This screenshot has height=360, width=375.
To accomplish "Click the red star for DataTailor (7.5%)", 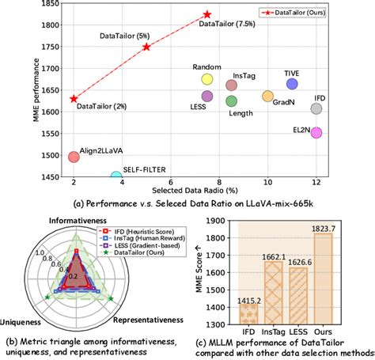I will pyautogui.click(x=207, y=15).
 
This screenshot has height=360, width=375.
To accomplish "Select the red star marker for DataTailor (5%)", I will pyautogui.click(x=146, y=47).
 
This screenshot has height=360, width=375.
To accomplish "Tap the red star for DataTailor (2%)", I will pyautogui.click(x=74, y=99).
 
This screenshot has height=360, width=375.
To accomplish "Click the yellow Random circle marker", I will pyautogui.click(x=207, y=78).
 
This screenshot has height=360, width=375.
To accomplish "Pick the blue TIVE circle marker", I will pyautogui.click(x=292, y=84).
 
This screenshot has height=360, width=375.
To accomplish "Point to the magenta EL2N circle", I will pyautogui.click(x=316, y=132).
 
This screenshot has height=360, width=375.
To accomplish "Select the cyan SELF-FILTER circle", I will pyautogui.click(x=116, y=176).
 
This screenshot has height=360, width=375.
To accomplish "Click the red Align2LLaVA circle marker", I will pyautogui.click(x=74, y=157).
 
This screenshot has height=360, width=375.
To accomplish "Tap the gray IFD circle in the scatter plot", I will pyautogui.click(x=316, y=108).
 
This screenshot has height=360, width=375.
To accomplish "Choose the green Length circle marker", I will pyautogui.click(x=232, y=101).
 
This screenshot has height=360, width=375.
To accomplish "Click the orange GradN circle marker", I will pyautogui.click(x=267, y=96).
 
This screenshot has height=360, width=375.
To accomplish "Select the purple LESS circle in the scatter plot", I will pyautogui.click(x=207, y=96).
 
